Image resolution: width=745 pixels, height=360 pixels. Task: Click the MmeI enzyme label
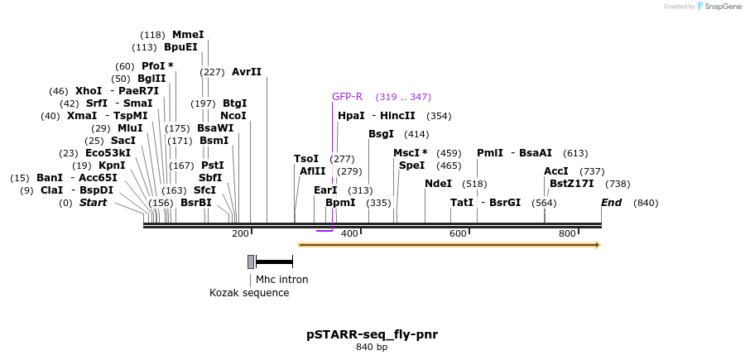(x=187, y=35)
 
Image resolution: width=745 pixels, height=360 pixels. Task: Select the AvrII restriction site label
(x=246, y=72)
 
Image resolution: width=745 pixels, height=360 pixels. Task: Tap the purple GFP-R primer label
(x=347, y=97)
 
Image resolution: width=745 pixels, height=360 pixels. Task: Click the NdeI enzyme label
(x=438, y=184)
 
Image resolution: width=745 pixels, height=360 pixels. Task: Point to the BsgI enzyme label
(x=381, y=134)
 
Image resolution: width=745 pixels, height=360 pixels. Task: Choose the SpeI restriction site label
(x=411, y=166)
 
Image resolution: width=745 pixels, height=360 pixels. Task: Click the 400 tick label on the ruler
(x=349, y=234)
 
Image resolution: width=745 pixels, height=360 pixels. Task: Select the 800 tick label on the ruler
(x=567, y=234)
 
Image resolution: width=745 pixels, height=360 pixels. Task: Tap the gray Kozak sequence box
(x=251, y=262)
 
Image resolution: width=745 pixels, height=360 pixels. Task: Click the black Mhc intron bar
(x=274, y=262)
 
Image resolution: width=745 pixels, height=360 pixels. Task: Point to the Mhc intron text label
(x=281, y=280)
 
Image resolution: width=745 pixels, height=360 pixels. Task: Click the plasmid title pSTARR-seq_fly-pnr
(x=372, y=334)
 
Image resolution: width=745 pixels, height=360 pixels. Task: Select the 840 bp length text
(x=372, y=348)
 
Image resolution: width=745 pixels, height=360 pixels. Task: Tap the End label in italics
(x=611, y=203)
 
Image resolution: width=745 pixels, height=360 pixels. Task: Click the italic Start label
(x=93, y=203)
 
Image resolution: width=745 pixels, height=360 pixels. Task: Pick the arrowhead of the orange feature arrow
(x=596, y=245)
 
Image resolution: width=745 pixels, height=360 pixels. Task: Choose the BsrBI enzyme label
(x=196, y=203)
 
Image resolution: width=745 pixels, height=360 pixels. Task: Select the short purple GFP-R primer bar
(x=324, y=231)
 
